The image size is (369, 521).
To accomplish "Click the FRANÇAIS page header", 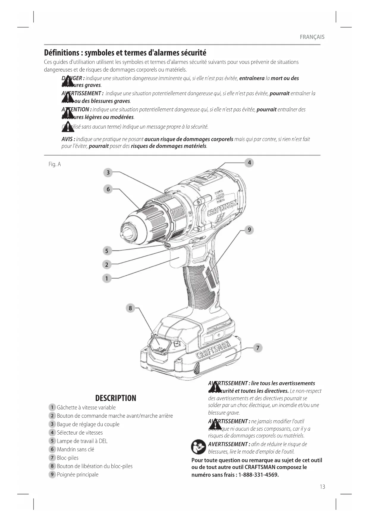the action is (x=312, y=37).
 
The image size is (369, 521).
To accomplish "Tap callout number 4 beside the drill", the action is (x=249, y=162).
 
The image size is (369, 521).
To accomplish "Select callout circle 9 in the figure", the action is (x=249, y=230).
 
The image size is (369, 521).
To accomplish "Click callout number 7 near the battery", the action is (x=257, y=348).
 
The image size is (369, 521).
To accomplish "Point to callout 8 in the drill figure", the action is (x=130, y=308).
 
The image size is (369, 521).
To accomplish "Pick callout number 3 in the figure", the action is (x=108, y=172).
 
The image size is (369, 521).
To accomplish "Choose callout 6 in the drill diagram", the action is (x=108, y=189).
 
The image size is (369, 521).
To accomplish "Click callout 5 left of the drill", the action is (x=106, y=251).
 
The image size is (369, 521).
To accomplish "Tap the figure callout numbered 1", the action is (x=106, y=278).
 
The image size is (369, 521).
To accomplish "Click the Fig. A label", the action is (x=55, y=164).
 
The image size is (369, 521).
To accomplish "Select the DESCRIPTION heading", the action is (x=116, y=398).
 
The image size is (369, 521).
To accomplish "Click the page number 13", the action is (x=322, y=487).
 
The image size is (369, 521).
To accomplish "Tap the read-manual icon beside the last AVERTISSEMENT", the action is (x=198, y=447).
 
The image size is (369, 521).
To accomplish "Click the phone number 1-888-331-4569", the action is (x=258, y=475).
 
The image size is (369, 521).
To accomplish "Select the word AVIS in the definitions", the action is (x=68, y=139).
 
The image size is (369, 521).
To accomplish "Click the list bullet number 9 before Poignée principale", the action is (x=52, y=474).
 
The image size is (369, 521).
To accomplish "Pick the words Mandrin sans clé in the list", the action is (x=76, y=449).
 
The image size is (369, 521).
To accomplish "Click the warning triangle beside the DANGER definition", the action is (x=68, y=81).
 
